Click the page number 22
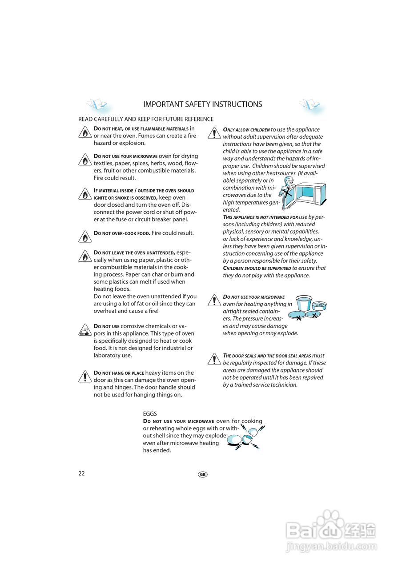click(81, 473)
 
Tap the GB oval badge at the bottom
click(203, 474)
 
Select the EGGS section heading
click(150, 413)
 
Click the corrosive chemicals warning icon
click(84, 330)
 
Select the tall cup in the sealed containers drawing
click(303, 303)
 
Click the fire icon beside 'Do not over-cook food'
click(84, 236)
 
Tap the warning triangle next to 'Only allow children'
click(214, 133)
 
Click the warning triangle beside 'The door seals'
click(214, 359)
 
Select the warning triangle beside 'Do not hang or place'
click(84, 376)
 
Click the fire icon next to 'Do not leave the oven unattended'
click(84, 256)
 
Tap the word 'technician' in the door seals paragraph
click(283, 385)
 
